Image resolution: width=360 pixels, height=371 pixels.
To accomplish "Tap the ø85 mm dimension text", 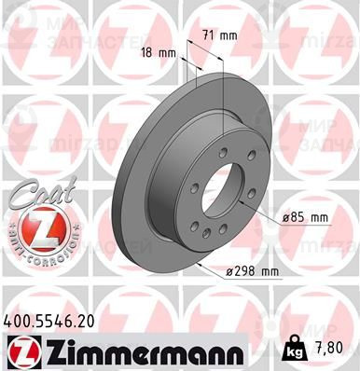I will [306, 218].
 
